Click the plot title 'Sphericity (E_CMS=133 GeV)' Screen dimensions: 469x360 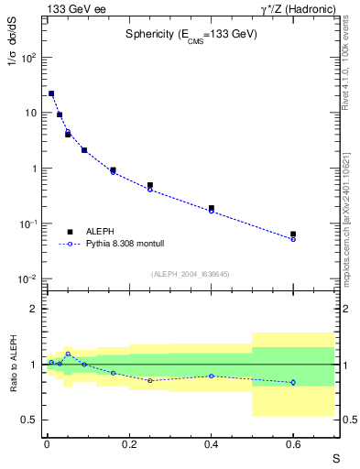pos(191,35)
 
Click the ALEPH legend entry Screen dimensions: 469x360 pos(101,232)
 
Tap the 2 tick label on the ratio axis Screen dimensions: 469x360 pos(33,309)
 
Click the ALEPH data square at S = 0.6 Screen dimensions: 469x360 pos(293,234)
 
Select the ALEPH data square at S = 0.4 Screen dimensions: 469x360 pos(211,209)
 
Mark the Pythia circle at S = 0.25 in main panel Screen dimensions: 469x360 pos(149,190)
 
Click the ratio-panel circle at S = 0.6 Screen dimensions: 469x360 pos(293,382)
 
